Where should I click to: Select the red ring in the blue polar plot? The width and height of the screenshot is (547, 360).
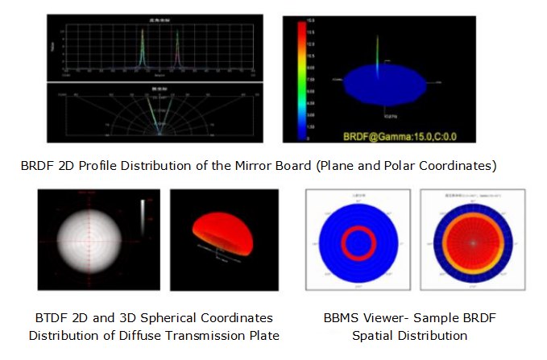356,241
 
